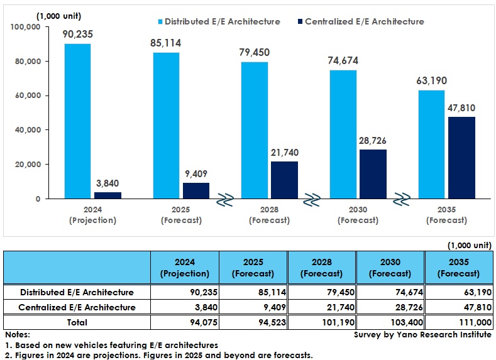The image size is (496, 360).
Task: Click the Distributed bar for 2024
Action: point(77,121)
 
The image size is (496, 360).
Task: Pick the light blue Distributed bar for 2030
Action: point(344,134)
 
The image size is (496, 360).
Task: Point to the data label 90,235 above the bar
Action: point(77,34)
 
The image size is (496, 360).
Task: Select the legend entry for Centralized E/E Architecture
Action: point(359,21)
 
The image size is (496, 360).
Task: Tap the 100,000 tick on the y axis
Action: point(25,27)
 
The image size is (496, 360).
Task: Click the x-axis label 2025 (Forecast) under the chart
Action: point(180,215)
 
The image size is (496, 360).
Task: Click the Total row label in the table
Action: point(77,322)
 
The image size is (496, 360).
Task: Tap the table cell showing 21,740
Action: point(322,307)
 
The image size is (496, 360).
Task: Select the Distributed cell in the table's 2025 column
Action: point(253,292)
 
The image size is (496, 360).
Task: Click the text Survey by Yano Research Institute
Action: point(422,335)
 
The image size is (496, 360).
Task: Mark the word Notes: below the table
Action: point(17,335)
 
